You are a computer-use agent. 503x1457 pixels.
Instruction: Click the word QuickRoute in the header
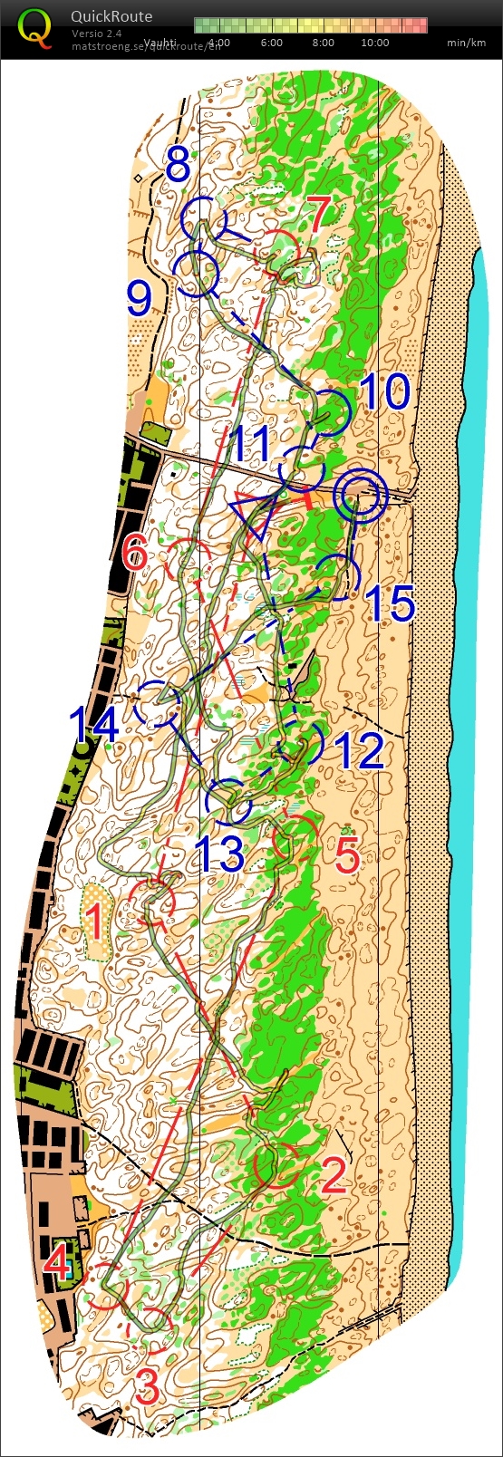(x=111, y=16)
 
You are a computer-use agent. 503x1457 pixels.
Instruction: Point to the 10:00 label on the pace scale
(x=374, y=43)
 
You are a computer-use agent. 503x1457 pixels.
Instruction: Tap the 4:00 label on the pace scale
(x=218, y=43)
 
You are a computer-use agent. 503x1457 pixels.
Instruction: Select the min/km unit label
(x=467, y=43)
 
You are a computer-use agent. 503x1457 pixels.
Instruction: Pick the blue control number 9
(x=139, y=297)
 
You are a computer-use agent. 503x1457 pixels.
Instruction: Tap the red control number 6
(x=135, y=552)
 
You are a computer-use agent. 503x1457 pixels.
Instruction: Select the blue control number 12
(x=360, y=751)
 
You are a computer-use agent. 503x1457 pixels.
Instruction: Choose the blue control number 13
(x=221, y=853)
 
